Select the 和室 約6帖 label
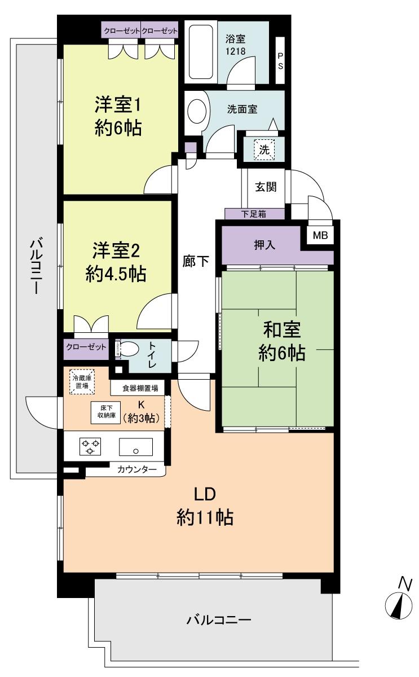[282, 342]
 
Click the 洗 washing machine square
[264, 150]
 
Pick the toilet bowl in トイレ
[128, 349]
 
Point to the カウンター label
[137, 469]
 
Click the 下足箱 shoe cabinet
[254, 214]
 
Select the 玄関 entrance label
[266, 187]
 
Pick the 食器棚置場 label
[137, 388]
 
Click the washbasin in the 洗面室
[197, 111]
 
